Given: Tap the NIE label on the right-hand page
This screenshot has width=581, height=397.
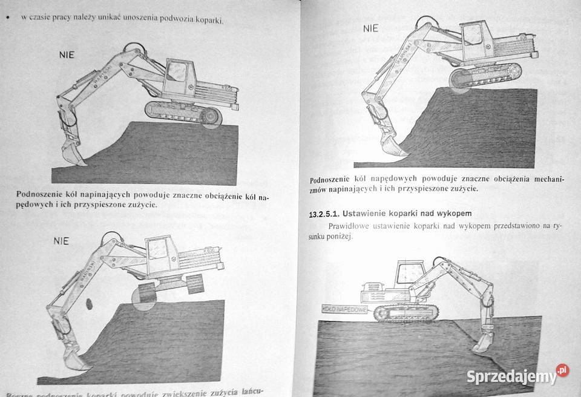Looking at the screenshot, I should pyautogui.click(x=370, y=28).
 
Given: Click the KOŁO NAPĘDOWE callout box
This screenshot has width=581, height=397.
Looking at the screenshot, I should pyautogui.click(x=346, y=309).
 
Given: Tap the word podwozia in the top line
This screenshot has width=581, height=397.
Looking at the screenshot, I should pyautogui.click(x=178, y=20).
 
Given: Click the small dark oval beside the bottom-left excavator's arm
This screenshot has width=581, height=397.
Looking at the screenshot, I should pyautogui.click(x=88, y=303).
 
